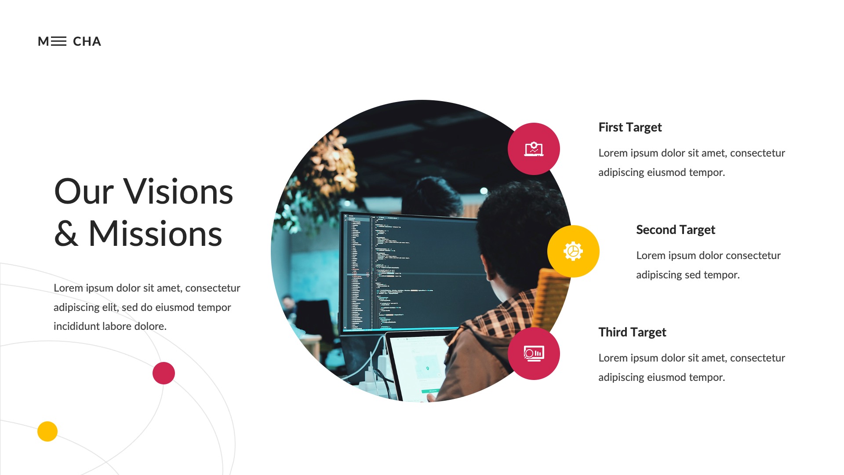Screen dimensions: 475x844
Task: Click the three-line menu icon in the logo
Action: [x=58, y=41]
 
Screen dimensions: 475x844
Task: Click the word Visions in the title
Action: [x=178, y=192]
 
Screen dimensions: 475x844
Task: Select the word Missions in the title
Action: [x=155, y=234]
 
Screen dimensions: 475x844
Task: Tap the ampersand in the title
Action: [x=66, y=234]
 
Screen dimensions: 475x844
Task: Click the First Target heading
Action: [x=630, y=128]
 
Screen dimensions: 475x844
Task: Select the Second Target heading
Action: [x=675, y=230]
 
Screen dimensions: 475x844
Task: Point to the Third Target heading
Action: [x=632, y=332]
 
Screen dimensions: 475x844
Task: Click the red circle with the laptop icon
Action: [x=534, y=149]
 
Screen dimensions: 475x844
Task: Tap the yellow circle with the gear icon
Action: [x=573, y=252]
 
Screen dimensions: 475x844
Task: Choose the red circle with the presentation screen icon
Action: [x=534, y=354]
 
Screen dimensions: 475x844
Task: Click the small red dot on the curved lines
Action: [x=164, y=373]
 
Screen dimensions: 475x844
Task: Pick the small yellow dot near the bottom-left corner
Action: [x=47, y=431]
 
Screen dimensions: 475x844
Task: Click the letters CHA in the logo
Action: [x=87, y=41]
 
